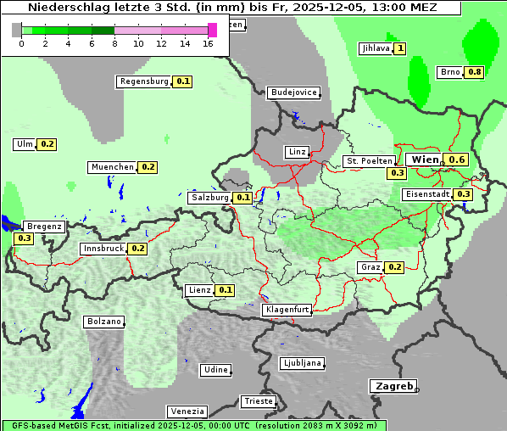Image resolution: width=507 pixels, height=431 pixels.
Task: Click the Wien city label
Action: coord(424,160)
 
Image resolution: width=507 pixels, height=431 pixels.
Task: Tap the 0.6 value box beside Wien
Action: coord(457,160)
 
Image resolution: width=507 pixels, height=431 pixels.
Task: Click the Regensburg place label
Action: coord(144,81)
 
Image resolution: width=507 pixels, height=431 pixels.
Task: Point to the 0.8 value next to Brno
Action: coord(474,72)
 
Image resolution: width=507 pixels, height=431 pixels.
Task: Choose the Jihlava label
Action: coord(376,48)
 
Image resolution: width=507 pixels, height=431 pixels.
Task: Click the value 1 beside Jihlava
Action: coord(400,48)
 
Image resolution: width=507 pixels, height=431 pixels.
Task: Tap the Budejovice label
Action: coord(293,92)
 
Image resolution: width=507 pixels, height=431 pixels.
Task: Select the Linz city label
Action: coord(297,152)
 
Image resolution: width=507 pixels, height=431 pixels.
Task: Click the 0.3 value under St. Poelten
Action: coord(397,173)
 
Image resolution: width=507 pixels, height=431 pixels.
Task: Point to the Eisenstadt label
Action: coord(427,194)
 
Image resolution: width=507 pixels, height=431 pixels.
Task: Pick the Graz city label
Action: coord(370,267)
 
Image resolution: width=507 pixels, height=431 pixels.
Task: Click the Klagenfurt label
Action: coord(287,310)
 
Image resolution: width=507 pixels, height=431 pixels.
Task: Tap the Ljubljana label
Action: coord(302,363)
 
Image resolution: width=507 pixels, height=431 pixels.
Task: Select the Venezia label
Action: coord(186,411)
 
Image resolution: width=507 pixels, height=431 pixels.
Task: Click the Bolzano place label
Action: coord(104,322)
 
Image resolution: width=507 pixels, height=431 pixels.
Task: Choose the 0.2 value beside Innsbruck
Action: coord(138,249)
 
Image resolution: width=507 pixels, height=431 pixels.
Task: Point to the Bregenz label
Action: coord(44,227)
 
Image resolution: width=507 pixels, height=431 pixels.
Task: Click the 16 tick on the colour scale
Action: coord(209,42)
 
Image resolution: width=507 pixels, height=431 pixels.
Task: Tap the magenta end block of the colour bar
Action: coord(212,30)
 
